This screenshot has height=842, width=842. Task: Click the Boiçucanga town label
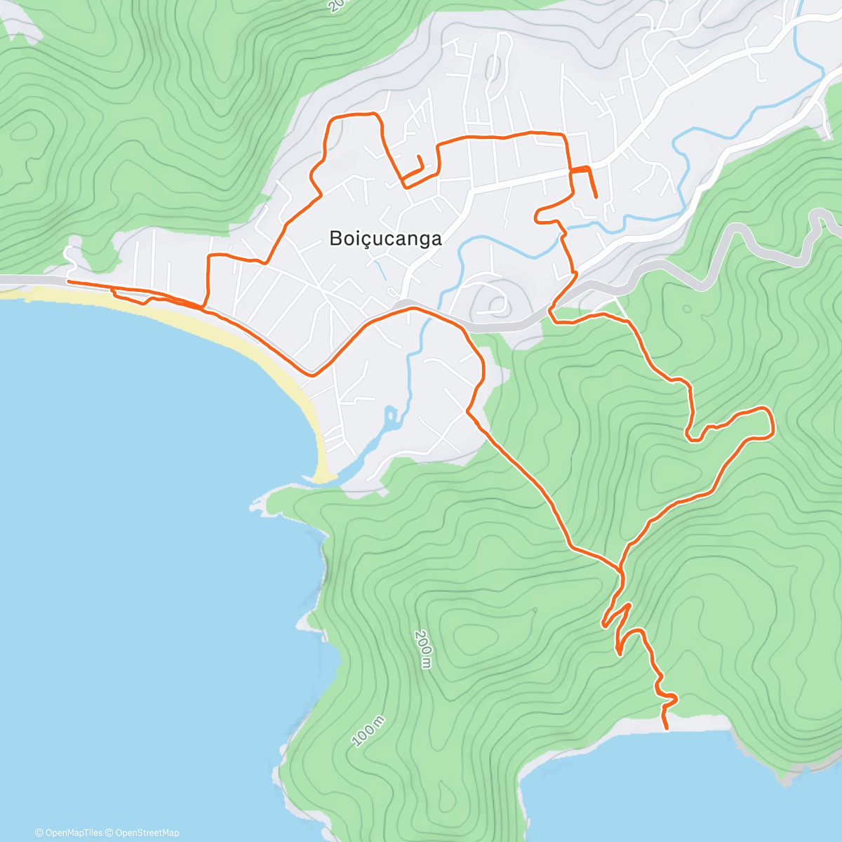point(386,239)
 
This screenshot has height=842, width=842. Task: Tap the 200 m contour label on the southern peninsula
point(422,648)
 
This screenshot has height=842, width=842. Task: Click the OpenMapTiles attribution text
point(68,833)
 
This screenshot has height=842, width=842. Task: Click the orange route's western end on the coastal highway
point(68,282)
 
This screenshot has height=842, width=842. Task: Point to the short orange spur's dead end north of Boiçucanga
point(418,156)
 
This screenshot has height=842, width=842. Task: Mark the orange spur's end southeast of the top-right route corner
point(596,198)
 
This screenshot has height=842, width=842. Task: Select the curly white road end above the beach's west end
point(69,252)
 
